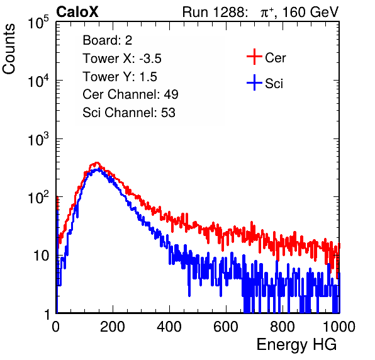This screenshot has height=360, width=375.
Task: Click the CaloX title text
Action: [x=77, y=12]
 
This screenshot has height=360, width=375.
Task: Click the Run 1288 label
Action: [x=214, y=12]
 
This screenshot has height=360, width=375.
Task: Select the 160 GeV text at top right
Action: [x=310, y=12]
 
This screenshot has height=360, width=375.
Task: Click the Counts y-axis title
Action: [x=9, y=49]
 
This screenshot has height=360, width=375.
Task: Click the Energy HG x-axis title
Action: [x=296, y=345]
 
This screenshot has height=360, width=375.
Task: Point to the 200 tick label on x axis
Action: [x=113, y=327]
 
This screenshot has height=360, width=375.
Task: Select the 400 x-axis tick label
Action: [x=169, y=327]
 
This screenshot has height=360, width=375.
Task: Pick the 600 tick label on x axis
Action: [x=226, y=327]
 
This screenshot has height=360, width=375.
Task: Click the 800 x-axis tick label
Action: [x=283, y=327]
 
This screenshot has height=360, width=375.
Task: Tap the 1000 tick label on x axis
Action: [x=339, y=327]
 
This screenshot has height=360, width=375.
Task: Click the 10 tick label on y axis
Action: [x=42, y=256]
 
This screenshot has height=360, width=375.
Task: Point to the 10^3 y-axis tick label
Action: [x=38, y=138]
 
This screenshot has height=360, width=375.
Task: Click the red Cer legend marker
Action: [x=254, y=57]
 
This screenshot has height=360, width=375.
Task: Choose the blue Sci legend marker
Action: [x=254, y=82]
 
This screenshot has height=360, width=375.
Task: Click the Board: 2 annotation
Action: [x=108, y=40]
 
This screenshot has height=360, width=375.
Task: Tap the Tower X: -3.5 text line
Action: [x=122, y=59]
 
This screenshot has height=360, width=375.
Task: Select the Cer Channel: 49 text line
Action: [x=130, y=94]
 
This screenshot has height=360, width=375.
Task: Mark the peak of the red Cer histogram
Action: [x=97, y=162]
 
